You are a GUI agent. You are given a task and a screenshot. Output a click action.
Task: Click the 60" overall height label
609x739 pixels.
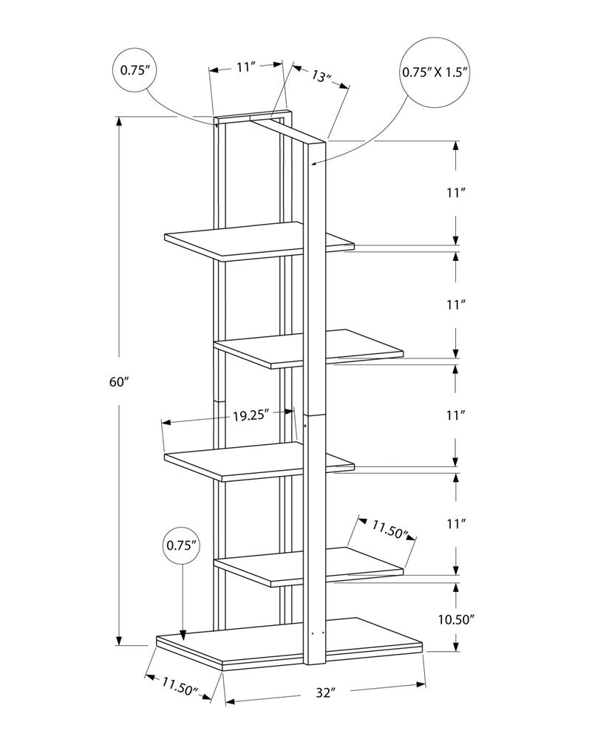point(118,382)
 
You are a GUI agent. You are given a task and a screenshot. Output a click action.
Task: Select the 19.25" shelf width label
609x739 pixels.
point(250,415)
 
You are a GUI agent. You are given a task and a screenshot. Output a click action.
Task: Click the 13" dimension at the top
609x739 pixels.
point(321,76)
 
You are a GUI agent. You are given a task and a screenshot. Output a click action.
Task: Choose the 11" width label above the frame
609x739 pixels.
point(246,67)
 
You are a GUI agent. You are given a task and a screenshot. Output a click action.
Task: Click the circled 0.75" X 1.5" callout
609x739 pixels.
point(436,72)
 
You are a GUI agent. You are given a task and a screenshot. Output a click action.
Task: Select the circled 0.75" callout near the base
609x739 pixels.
point(182,546)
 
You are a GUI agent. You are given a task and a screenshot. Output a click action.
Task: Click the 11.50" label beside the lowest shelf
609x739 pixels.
point(390,528)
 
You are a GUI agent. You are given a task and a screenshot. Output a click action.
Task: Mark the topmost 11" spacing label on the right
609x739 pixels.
point(455,193)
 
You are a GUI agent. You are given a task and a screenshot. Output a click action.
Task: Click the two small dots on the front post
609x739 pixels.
point(319,633)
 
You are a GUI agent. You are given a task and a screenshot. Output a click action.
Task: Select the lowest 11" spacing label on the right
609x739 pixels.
point(455,524)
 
